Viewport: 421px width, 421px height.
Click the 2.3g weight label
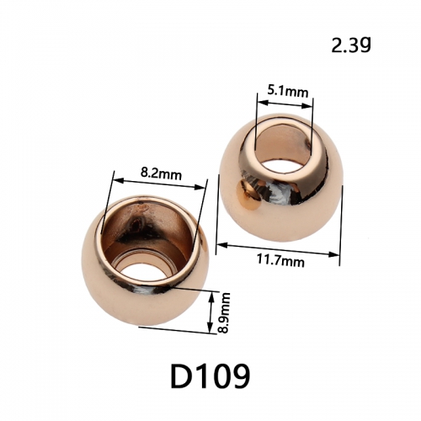click(351, 45)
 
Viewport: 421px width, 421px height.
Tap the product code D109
click(210, 376)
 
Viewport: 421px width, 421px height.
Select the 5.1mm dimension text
click(287, 92)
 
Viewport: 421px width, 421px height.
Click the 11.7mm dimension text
click(280, 261)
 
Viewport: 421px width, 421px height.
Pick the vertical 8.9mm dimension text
click(224, 312)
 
